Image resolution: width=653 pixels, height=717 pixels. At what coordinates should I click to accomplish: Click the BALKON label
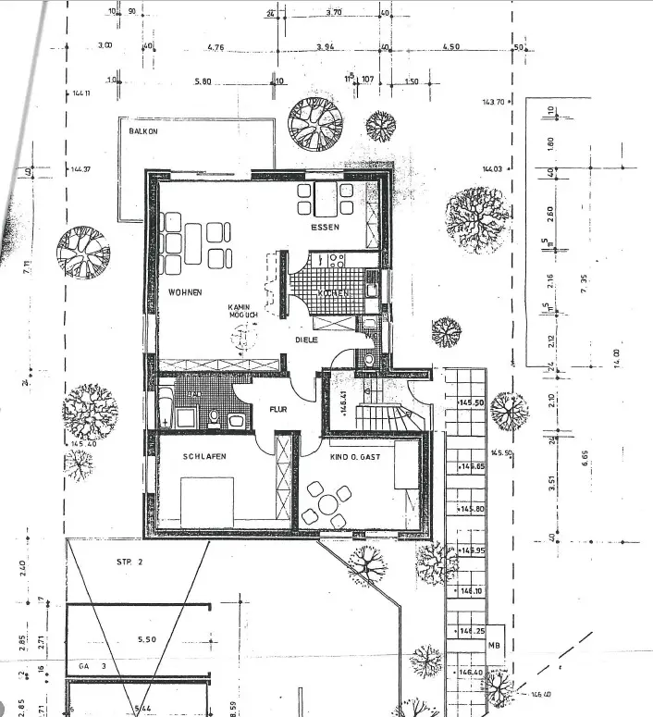142,131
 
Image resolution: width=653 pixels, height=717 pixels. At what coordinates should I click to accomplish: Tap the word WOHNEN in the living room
185,292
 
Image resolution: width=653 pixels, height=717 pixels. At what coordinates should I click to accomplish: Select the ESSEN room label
326,227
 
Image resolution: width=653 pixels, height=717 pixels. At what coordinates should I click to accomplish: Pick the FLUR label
278,408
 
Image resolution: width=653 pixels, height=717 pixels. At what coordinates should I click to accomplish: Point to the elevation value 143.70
493,103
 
